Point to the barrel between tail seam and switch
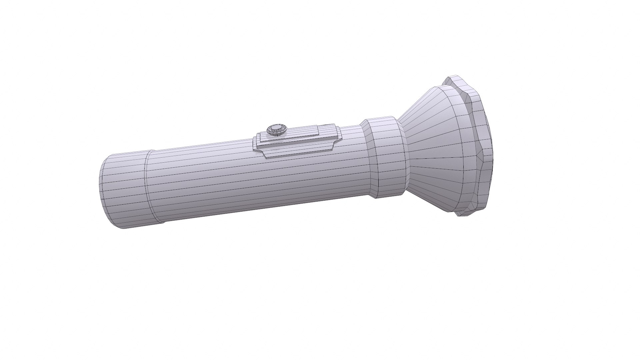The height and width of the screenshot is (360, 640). tap(200, 180)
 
